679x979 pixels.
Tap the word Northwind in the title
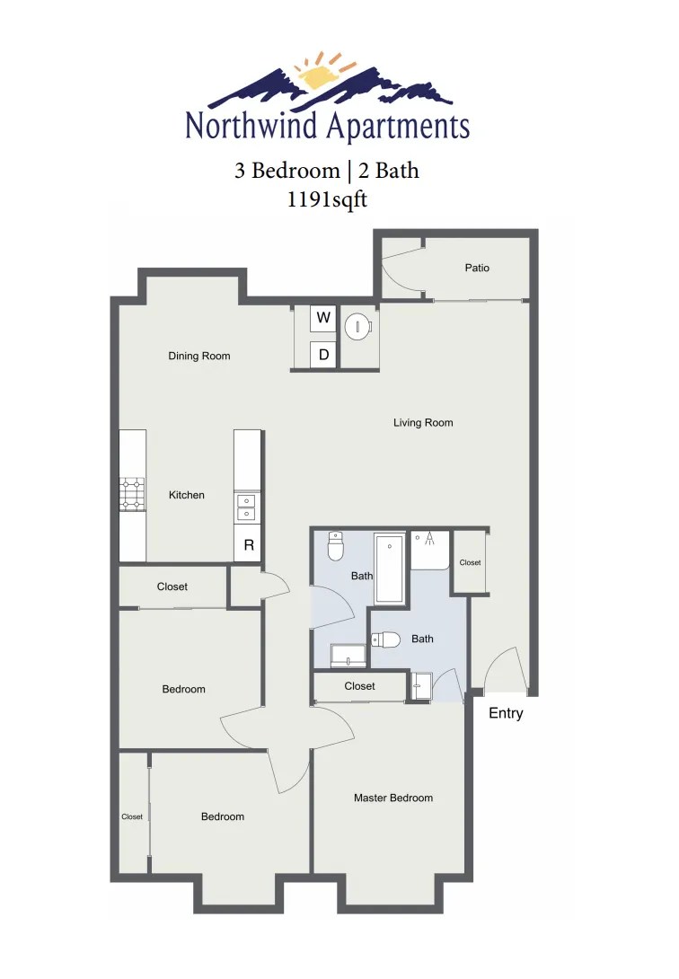click(x=251, y=126)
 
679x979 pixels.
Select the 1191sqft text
click(x=326, y=199)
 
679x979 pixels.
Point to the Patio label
click(x=477, y=268)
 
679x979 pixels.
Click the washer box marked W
click(x=324, y=318)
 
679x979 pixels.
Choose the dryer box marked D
click(x=324, y=355)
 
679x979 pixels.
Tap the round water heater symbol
click(x=358, y=327)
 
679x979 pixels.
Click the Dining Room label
click(x=199, y=356)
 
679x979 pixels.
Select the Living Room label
click(x=423, y=422)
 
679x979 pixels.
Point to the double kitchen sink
click(x=245, y=507)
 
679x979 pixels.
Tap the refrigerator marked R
click(x=249, y=545)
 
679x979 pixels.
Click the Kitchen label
click(x=187, y=495)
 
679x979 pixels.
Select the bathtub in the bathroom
click(x=390, y=569)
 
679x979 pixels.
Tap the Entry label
click(x=506, y=714)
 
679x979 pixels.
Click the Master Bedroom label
click(x=393, y=798)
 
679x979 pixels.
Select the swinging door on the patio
click(x=401, y=272)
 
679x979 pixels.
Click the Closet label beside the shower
click(x=470, y=563)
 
